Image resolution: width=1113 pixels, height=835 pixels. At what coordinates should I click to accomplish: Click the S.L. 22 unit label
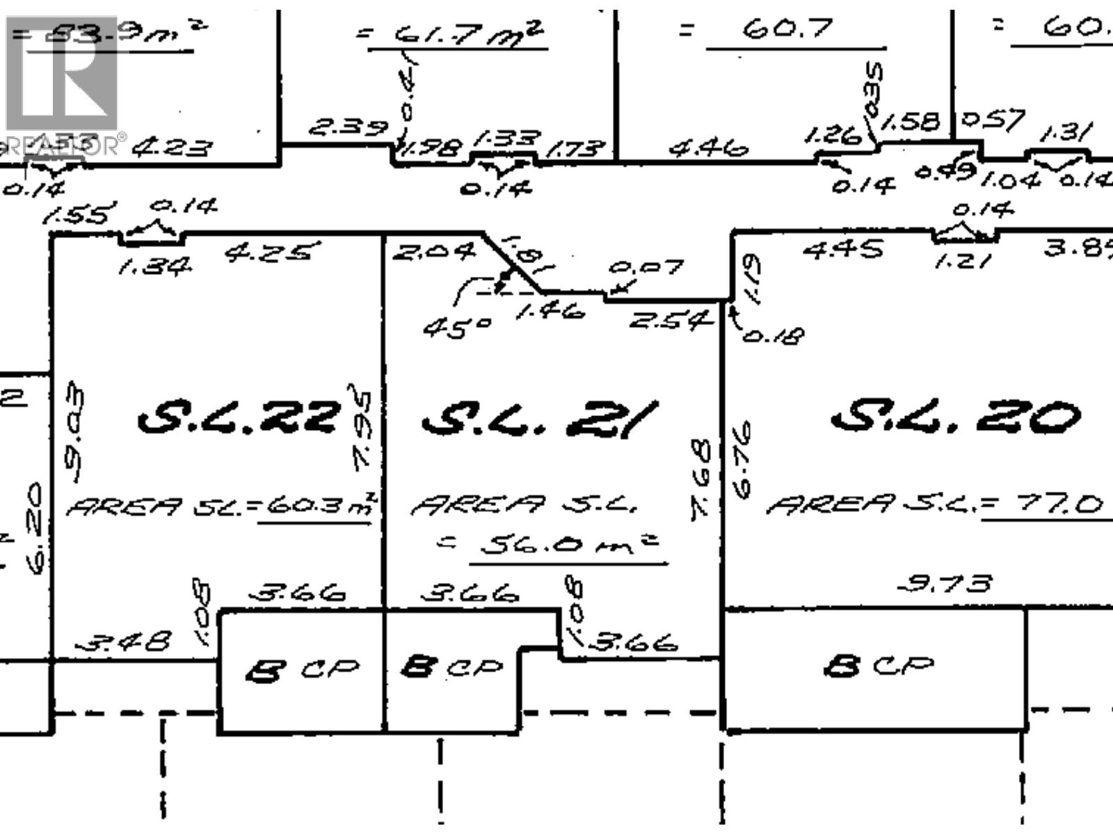239,419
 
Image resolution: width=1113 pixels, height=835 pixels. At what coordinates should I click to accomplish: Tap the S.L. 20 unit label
956,417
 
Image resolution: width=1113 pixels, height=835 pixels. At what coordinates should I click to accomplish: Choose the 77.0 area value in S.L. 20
1051,502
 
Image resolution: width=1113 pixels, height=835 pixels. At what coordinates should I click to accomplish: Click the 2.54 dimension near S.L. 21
671,320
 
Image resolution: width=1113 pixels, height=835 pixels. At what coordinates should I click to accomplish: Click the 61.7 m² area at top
456,33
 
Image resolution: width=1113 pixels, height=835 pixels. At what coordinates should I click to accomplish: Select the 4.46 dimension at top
709,148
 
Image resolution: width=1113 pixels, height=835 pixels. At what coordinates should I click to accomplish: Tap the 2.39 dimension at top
347,127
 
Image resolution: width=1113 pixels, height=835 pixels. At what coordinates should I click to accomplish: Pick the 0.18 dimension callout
773,335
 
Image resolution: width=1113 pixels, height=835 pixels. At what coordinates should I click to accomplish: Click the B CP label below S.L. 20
877,666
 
